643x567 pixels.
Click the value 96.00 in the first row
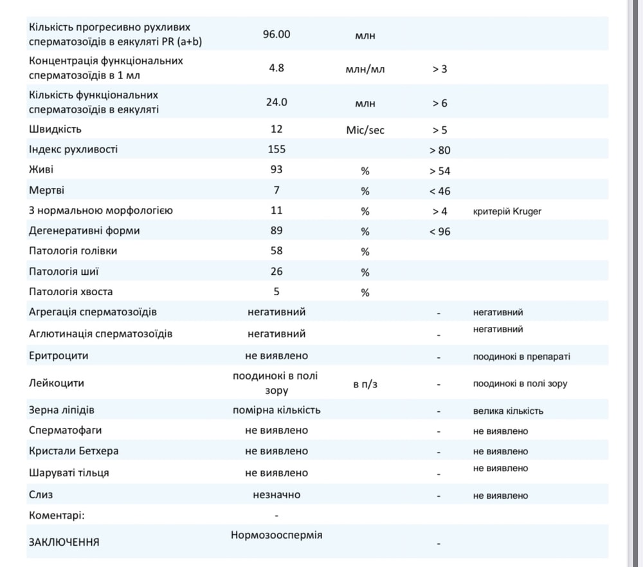[276, 34]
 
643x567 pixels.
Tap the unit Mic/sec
[365, 130]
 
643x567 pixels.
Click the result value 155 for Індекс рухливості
[276, 149]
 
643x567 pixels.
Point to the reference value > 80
[440, 151]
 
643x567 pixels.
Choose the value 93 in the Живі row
[276, 170]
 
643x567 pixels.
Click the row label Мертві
[47, 191]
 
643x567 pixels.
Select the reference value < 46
[440, 191]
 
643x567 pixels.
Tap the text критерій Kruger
[507, 211]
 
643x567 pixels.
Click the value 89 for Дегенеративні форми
[276, 230]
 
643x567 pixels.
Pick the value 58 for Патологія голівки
[276, 250]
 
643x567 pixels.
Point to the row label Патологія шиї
[64, 271]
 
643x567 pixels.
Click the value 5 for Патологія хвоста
[276, 292]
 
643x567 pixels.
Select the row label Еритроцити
[59, 355]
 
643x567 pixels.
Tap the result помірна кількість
[276, 410]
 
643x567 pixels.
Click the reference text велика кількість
[508, 411]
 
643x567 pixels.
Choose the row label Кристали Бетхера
[73, 451]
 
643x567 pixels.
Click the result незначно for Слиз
[276, 495]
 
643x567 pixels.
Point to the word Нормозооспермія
[276, 535]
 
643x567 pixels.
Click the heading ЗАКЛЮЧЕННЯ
[64, 542]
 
